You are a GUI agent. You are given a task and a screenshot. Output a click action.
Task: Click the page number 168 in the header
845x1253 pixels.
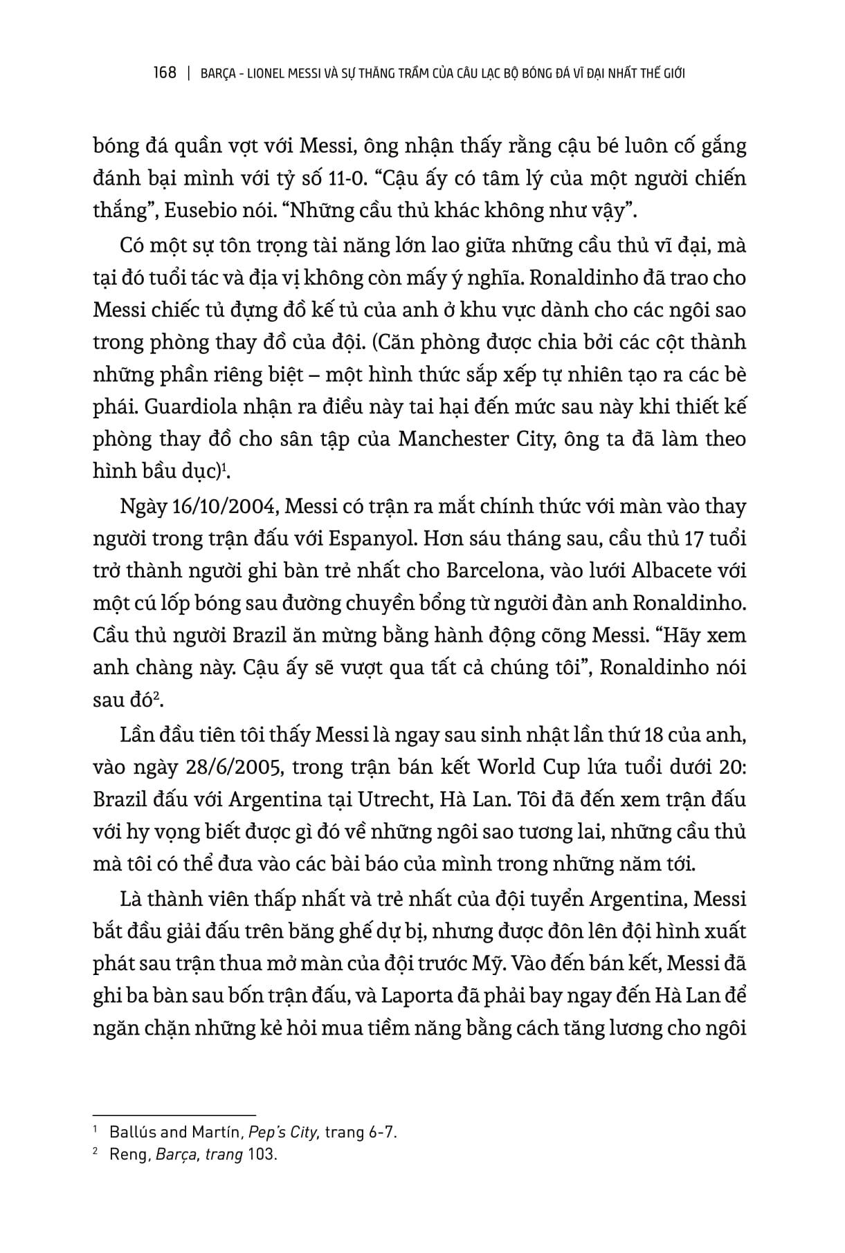pos(164,73)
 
